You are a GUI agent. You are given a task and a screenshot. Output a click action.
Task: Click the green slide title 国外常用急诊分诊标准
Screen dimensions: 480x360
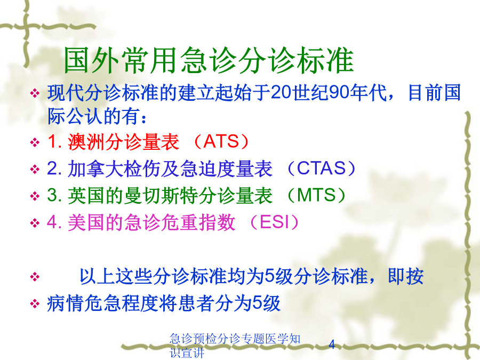[209, 60]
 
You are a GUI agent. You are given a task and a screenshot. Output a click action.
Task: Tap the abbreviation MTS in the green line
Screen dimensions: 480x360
[316, 195]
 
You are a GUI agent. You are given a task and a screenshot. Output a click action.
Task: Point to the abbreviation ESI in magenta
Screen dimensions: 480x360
[274, 222]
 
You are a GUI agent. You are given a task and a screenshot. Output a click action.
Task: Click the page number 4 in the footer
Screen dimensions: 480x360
[332, 345]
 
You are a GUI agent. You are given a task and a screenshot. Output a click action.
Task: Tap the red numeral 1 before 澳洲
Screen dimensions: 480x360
[52, 142]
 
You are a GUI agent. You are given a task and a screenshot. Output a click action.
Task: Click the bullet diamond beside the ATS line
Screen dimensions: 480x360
[35, 142]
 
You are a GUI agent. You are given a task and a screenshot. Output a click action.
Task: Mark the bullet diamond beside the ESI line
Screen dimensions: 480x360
[35, 223]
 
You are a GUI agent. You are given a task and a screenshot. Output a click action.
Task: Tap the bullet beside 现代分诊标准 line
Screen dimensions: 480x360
[35, 93]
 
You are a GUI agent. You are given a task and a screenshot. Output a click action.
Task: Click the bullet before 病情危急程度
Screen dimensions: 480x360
[35, 304]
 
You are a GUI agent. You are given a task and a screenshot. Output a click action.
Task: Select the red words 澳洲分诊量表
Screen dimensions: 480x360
[123, 142]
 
